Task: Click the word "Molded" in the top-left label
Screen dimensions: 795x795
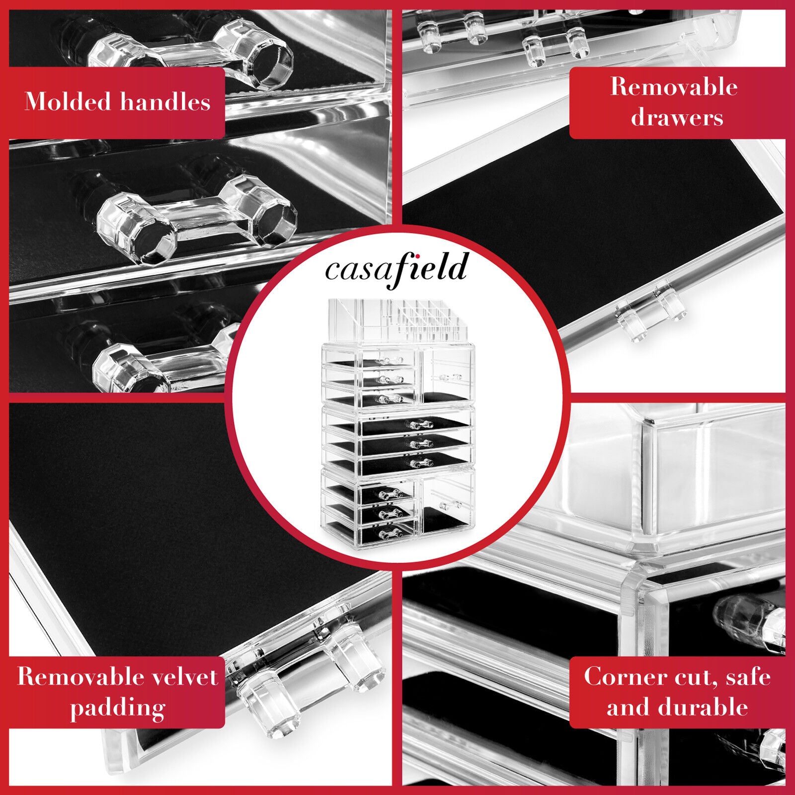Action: coord(68,102)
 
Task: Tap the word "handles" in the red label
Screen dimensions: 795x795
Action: coord(165,102)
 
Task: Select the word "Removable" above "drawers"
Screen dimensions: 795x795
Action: coord(674,87)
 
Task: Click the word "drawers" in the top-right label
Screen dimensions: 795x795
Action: coord(677,118)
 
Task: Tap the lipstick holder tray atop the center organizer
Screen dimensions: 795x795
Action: coord(397,320)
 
